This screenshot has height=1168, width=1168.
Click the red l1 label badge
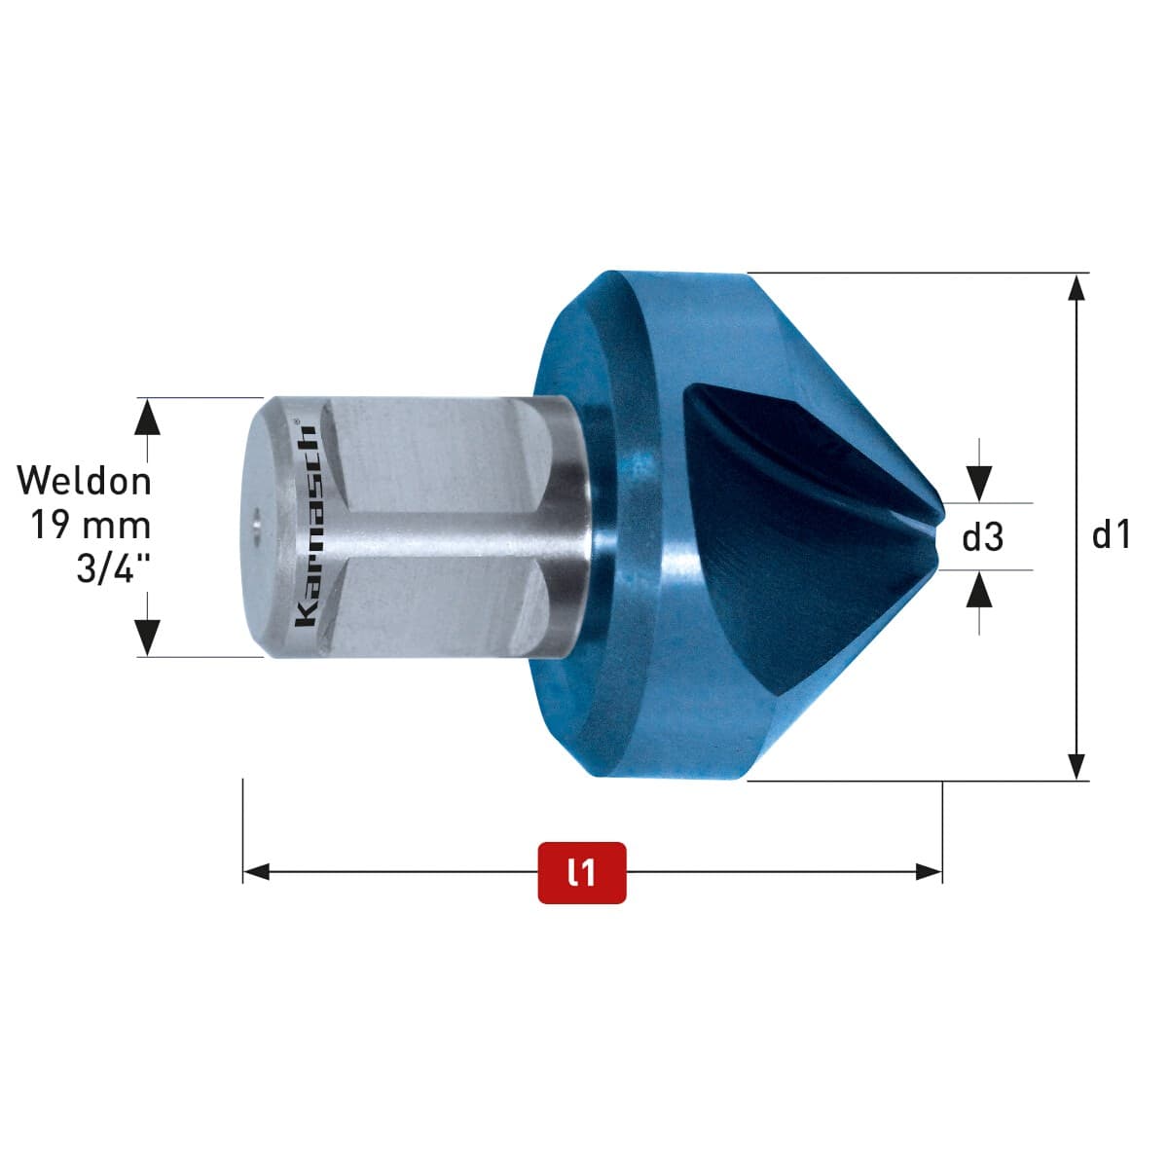coord(581,872)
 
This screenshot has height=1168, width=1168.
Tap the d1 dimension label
coord(1111,535)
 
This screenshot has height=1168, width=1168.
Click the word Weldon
coord(85,481)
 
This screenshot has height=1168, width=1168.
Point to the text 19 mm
coord(91,525)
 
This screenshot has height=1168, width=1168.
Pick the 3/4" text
coord(113,568)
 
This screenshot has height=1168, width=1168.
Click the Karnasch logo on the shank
coord(305,527)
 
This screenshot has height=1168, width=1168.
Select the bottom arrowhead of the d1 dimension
coord(1076,767)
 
